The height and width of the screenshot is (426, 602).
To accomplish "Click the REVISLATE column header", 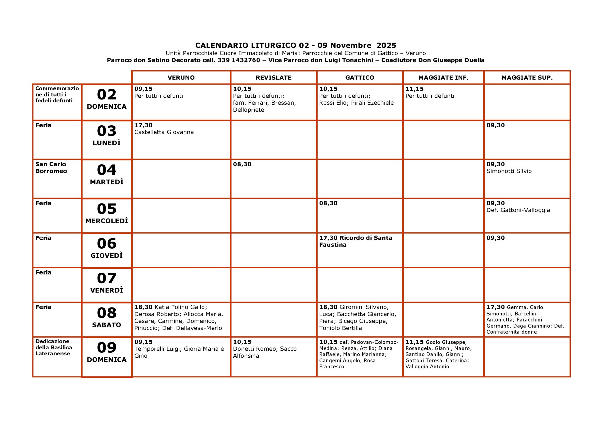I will tap(273, 78).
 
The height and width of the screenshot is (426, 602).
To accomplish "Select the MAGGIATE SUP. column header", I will tap(527, 78).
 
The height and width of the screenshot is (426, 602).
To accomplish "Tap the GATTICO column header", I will tap(360, 78).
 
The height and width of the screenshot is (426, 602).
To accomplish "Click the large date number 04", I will tap(107, 170).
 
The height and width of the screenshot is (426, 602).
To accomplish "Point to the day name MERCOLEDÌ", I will tap(107, 221).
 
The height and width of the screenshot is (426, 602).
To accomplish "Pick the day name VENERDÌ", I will tap(107, 290).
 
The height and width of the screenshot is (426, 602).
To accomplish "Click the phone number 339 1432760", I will tap(239, 60).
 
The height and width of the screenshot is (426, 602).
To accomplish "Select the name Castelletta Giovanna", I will tap(164, 132).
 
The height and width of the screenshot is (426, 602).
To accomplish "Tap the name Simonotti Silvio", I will tap(509, 171).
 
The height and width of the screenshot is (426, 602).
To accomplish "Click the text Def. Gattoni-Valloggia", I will tap(518, 210).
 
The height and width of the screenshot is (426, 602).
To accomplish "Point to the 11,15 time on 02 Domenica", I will tap(415, 89).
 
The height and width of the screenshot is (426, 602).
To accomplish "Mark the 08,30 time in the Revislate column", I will tap(242, 164).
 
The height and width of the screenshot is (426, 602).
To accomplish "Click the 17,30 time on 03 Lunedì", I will tap(143, 125).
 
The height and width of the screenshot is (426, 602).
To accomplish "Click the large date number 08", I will tap(107, 313).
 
